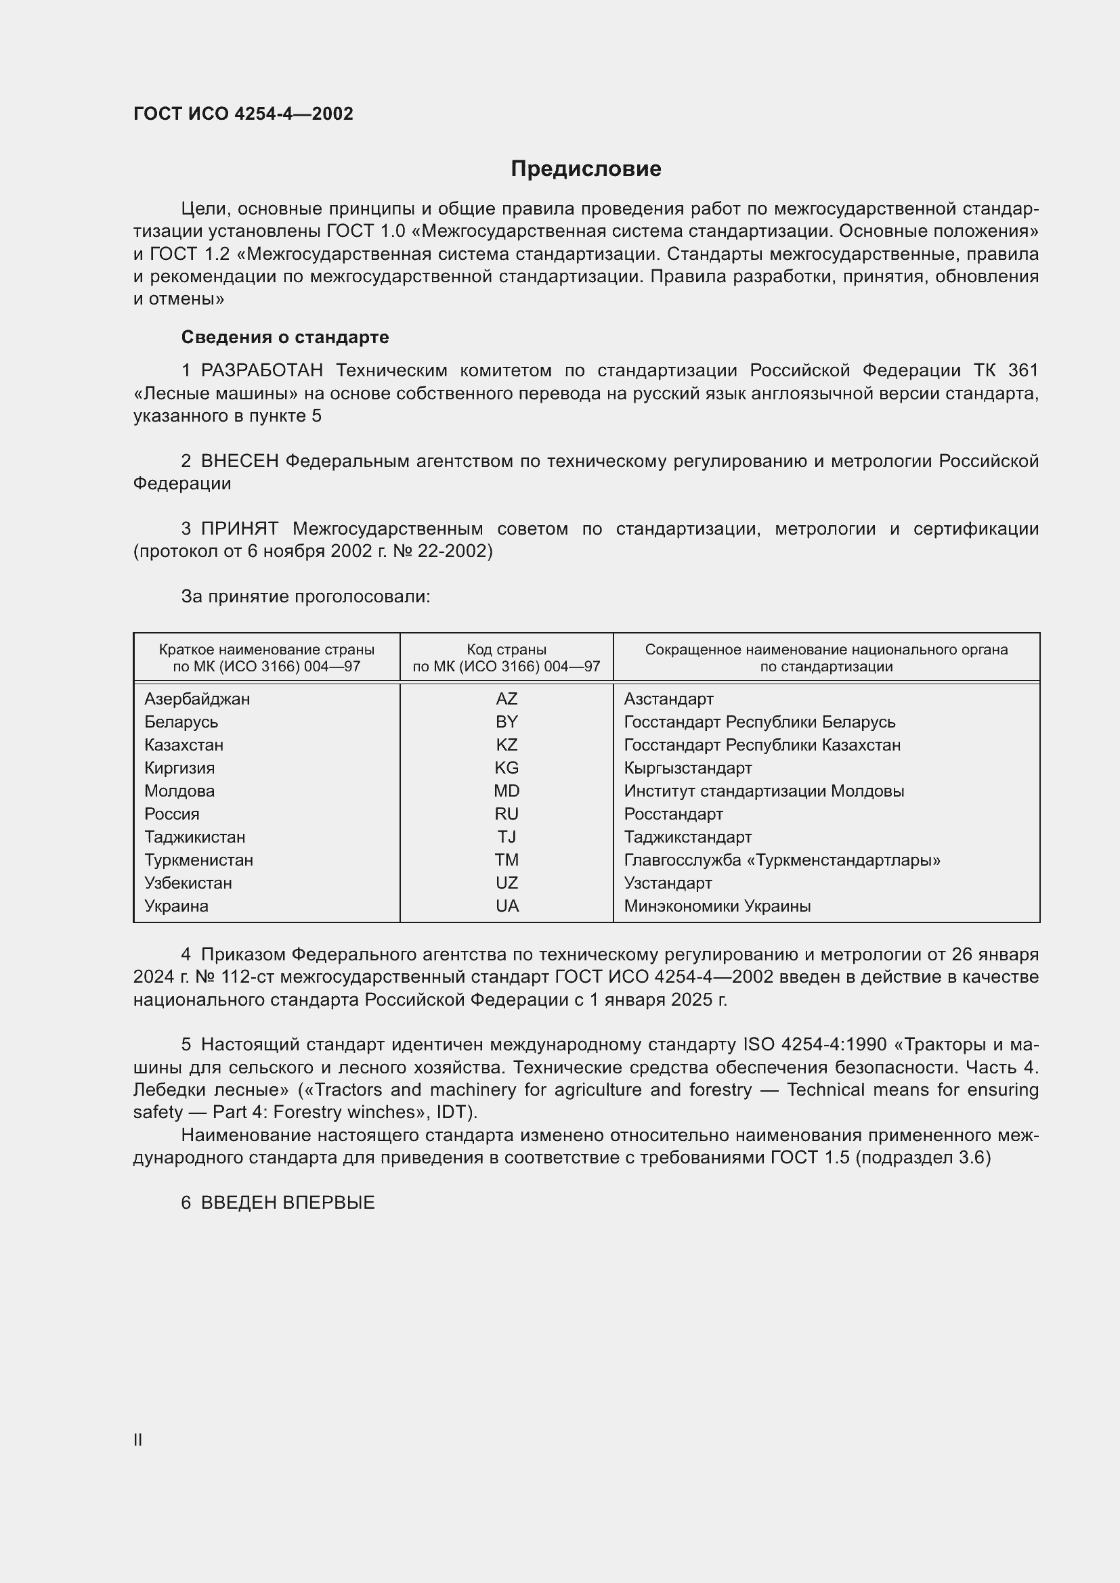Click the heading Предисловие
pyautogui.click(x=586, y=169)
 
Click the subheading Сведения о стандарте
pyautogui.click(x=285, y=337)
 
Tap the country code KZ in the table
pyautogui.click(x=507, y=744)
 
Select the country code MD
pyautogui.click(x=507, y=790)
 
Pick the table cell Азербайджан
pyautogui.click(x=197, y=699)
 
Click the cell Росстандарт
pyautogui.click(x=673, y=814)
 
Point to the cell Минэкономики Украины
pyautogui.click(x=716, y=906)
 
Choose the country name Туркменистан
pyautogui.click(x=198, y=860)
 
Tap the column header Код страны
pyautogui.click(x=507, y=650)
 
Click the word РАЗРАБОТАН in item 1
pyautogui.click(x=261, y=371)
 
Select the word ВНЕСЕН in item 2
pyautogui.click(x=239, y=462)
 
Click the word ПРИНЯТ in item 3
pyautogui.click(x=239, y=529)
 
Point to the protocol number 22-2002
pyautogui.click(x=455, y=552)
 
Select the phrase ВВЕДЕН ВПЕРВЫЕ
pyautogui.click(x=288, y=1203)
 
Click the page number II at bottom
pyautogui.click(x=138, y=1440)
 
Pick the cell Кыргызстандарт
pyautogui.click(x=687, y=768)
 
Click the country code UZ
pyautogui.click(x=507, y=883)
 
